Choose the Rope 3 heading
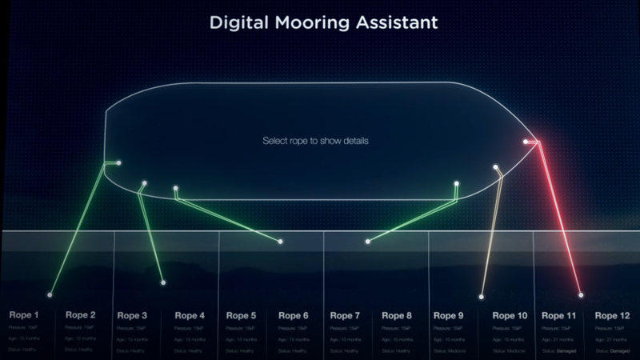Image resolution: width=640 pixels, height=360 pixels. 132,315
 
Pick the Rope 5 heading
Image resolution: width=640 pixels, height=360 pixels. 241,315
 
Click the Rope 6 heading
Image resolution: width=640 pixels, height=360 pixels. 295,315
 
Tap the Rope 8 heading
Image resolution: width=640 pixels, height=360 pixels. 398,315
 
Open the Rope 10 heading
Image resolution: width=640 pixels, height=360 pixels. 510,315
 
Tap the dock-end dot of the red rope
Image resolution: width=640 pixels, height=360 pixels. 581,295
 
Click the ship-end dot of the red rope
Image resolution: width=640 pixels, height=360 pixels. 526,142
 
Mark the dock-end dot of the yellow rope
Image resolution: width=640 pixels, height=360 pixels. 481,297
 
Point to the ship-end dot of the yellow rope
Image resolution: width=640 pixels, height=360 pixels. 496,167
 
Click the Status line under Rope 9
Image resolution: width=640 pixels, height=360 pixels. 449,350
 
